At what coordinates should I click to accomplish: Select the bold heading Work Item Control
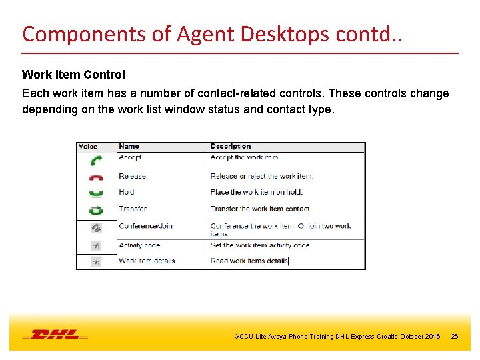73,75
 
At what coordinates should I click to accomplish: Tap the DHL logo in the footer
55,335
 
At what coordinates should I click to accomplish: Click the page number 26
455,337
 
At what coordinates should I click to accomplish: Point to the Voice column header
88,147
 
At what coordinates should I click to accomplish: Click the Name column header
129,147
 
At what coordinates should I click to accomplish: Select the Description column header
230,147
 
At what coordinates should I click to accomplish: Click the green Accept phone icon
96,161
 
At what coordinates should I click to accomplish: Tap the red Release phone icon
96,178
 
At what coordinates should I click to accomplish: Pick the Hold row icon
96,193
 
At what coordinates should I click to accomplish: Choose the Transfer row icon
96,210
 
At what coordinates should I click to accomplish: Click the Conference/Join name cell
145,226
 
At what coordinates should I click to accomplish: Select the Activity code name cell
139,245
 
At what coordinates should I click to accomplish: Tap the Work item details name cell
147,261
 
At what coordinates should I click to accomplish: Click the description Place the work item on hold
256,193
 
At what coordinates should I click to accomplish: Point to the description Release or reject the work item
261,177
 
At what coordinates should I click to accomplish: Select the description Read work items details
249,261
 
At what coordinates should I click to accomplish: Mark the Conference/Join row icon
96,227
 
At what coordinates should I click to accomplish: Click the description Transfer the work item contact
260,209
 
